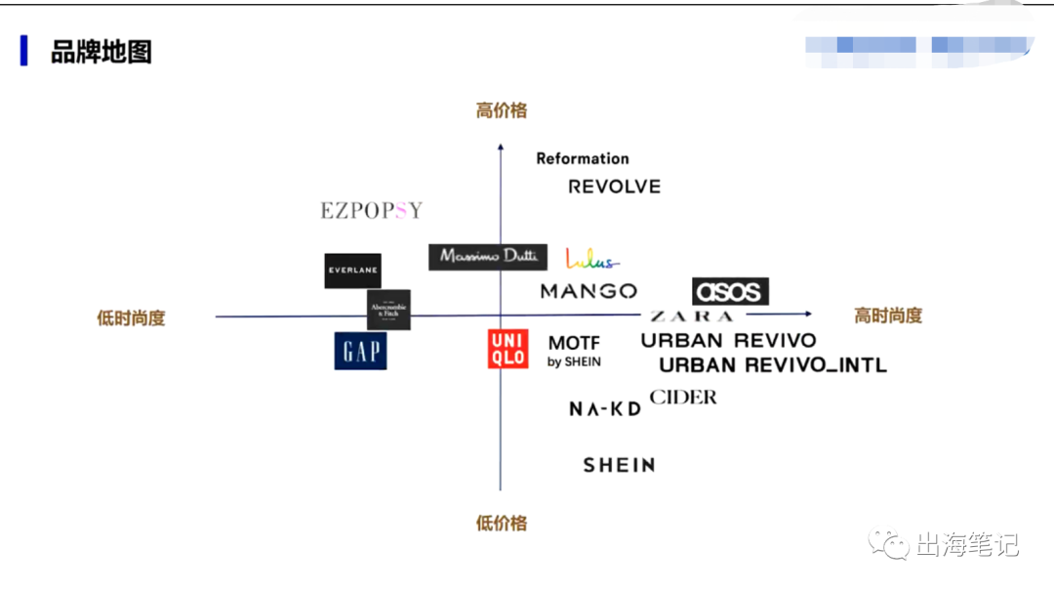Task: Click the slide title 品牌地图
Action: (101, 51)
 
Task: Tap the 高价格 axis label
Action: (502, 110)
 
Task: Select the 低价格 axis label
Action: (502, 524)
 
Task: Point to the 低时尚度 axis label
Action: (131, 317)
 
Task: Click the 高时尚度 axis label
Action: (888, 316)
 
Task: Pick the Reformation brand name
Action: (583, 158)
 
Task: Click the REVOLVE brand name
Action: (614, 187)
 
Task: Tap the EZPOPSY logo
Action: (372, 210)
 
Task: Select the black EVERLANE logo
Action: (352, 271)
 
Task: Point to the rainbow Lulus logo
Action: (591, 259)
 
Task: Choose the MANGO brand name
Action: (588, 291)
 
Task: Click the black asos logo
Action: (730, 291)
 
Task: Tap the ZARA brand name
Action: (691, 317)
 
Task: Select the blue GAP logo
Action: (360, 351)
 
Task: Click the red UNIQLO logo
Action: (507, 349)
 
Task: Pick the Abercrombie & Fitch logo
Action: (388, 310)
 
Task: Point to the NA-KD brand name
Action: (605, 409)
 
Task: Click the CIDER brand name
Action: (683, 398)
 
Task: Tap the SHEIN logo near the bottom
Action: (619, 466)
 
